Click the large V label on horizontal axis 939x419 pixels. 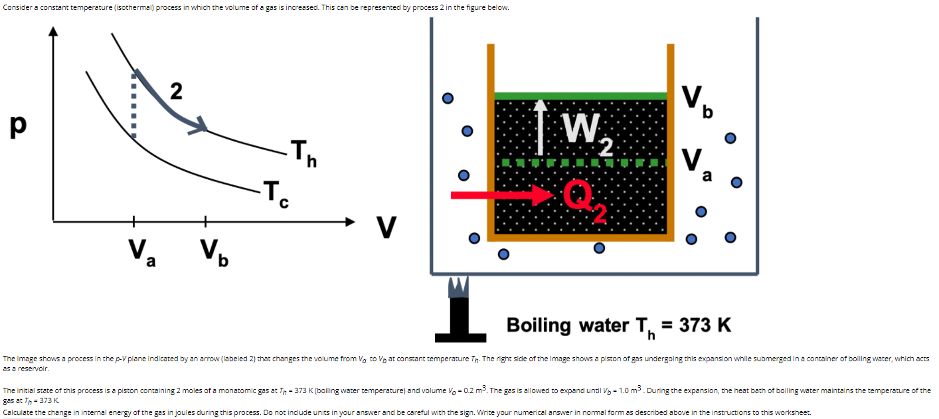coord(386,227)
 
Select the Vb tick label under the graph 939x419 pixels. coord(214,252)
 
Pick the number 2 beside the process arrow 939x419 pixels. coord(176,92)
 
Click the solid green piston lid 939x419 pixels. coord(580,96)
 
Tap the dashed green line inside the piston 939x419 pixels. coord(580,162)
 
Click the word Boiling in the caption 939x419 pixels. coord(539,325)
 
